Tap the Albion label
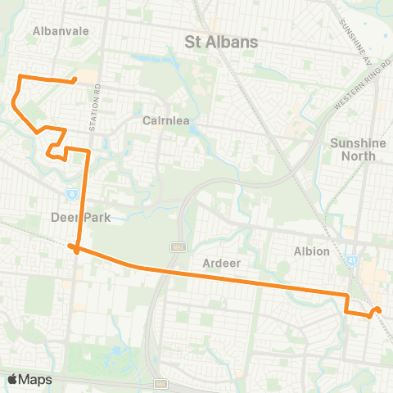tap(312, 251)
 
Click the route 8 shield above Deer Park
tap(72, 193)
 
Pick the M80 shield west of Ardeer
tap(176, 246)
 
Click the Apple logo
tap(13, 379)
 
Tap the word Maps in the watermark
tap(35, 379)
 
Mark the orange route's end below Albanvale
tap(75, 80)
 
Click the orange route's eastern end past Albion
tap(378, 309)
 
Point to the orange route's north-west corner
tap(20, 76)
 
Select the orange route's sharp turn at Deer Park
tap(73, 246)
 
